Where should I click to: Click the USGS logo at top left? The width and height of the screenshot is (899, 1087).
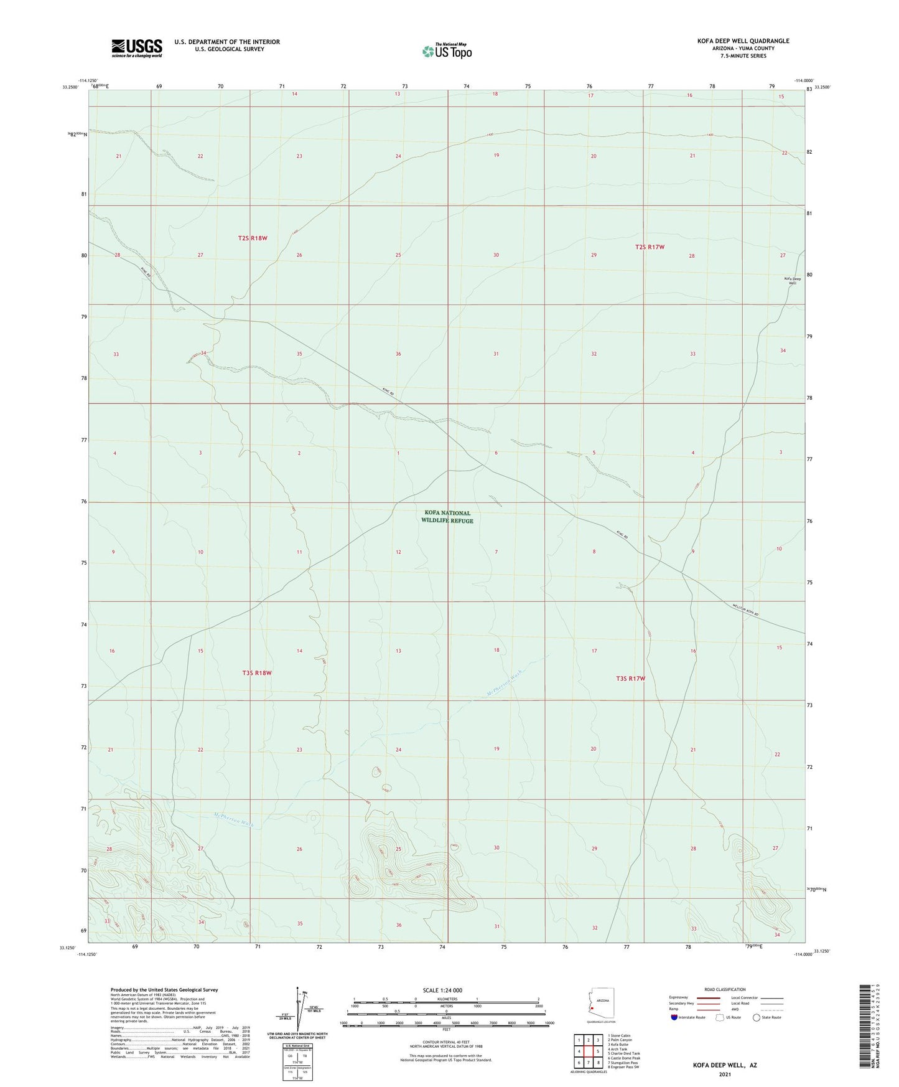coord(137,47)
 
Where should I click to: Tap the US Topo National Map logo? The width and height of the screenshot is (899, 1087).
coord(446,50)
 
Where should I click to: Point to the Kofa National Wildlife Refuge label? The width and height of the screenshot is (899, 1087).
coord(447,517)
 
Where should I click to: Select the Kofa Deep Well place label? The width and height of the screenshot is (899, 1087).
coord(792,280)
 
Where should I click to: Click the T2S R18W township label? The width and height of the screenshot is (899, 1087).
coord(253,238)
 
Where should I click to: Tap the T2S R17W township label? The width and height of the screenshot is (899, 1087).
coord(650,247)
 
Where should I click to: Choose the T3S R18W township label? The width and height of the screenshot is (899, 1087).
coord(256,673)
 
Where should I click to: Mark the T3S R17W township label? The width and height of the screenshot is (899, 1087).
coord(630,679)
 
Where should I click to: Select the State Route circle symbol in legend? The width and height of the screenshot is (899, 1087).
coord(757,1017)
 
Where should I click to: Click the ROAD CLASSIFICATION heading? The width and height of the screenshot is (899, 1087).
coord(725,989)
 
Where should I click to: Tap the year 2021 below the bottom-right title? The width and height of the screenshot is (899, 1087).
coord(724,1075)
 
